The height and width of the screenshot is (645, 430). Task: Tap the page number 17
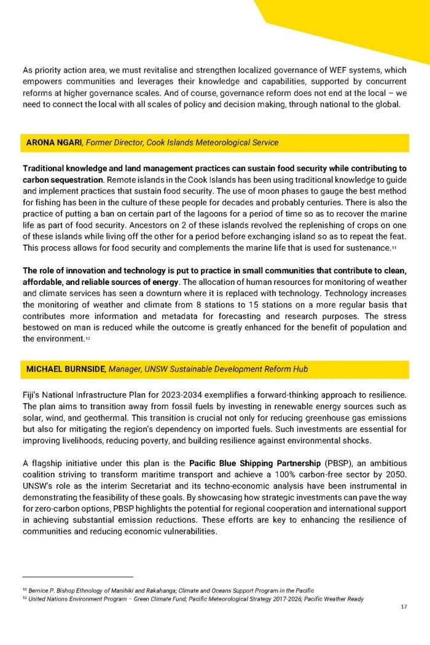[403, 608]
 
